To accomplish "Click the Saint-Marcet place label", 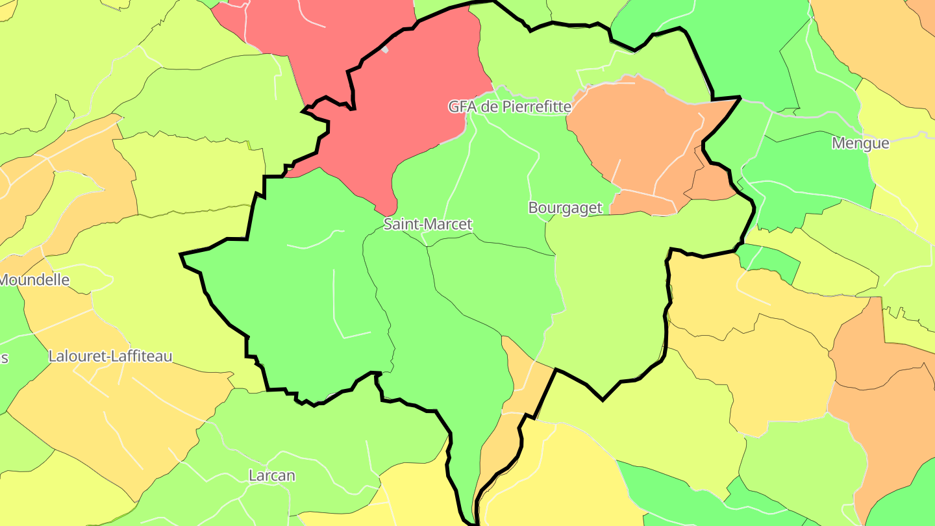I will (428, 225).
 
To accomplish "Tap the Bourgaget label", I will (566, 208).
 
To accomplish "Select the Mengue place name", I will (860, 144).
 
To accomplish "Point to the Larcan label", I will (272, 476).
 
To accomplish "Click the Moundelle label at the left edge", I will (34, 281).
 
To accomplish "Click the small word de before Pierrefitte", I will (486, 107).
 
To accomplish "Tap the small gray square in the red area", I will (385, 49).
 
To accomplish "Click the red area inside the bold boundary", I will (416, 97).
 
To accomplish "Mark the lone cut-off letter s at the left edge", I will (3, 358).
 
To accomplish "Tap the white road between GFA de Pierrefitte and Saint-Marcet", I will (458, 175).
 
